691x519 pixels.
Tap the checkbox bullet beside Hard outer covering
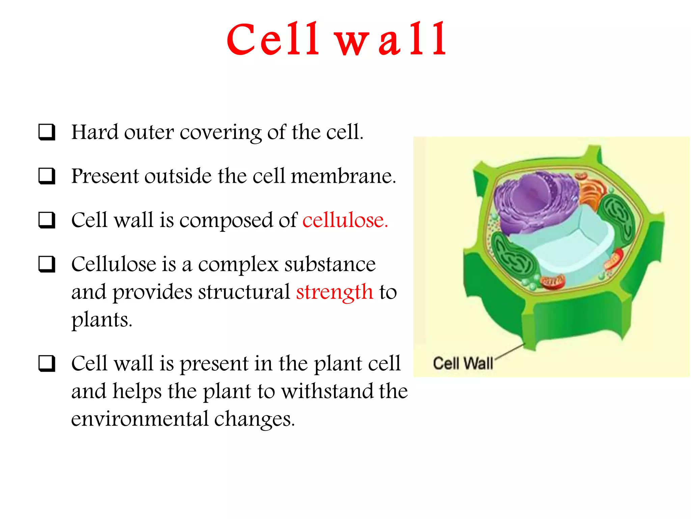click(47, 132)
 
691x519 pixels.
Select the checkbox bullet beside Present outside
click(47, 176)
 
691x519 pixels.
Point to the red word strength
click(334, 292)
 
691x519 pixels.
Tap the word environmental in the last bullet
click(140, 419)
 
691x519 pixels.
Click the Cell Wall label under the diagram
click(463, 363)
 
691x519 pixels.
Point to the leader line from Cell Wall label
click(510, 351)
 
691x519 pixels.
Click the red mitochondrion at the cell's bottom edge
click(553, 281)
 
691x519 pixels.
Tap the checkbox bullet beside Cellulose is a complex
click(47, 264)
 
